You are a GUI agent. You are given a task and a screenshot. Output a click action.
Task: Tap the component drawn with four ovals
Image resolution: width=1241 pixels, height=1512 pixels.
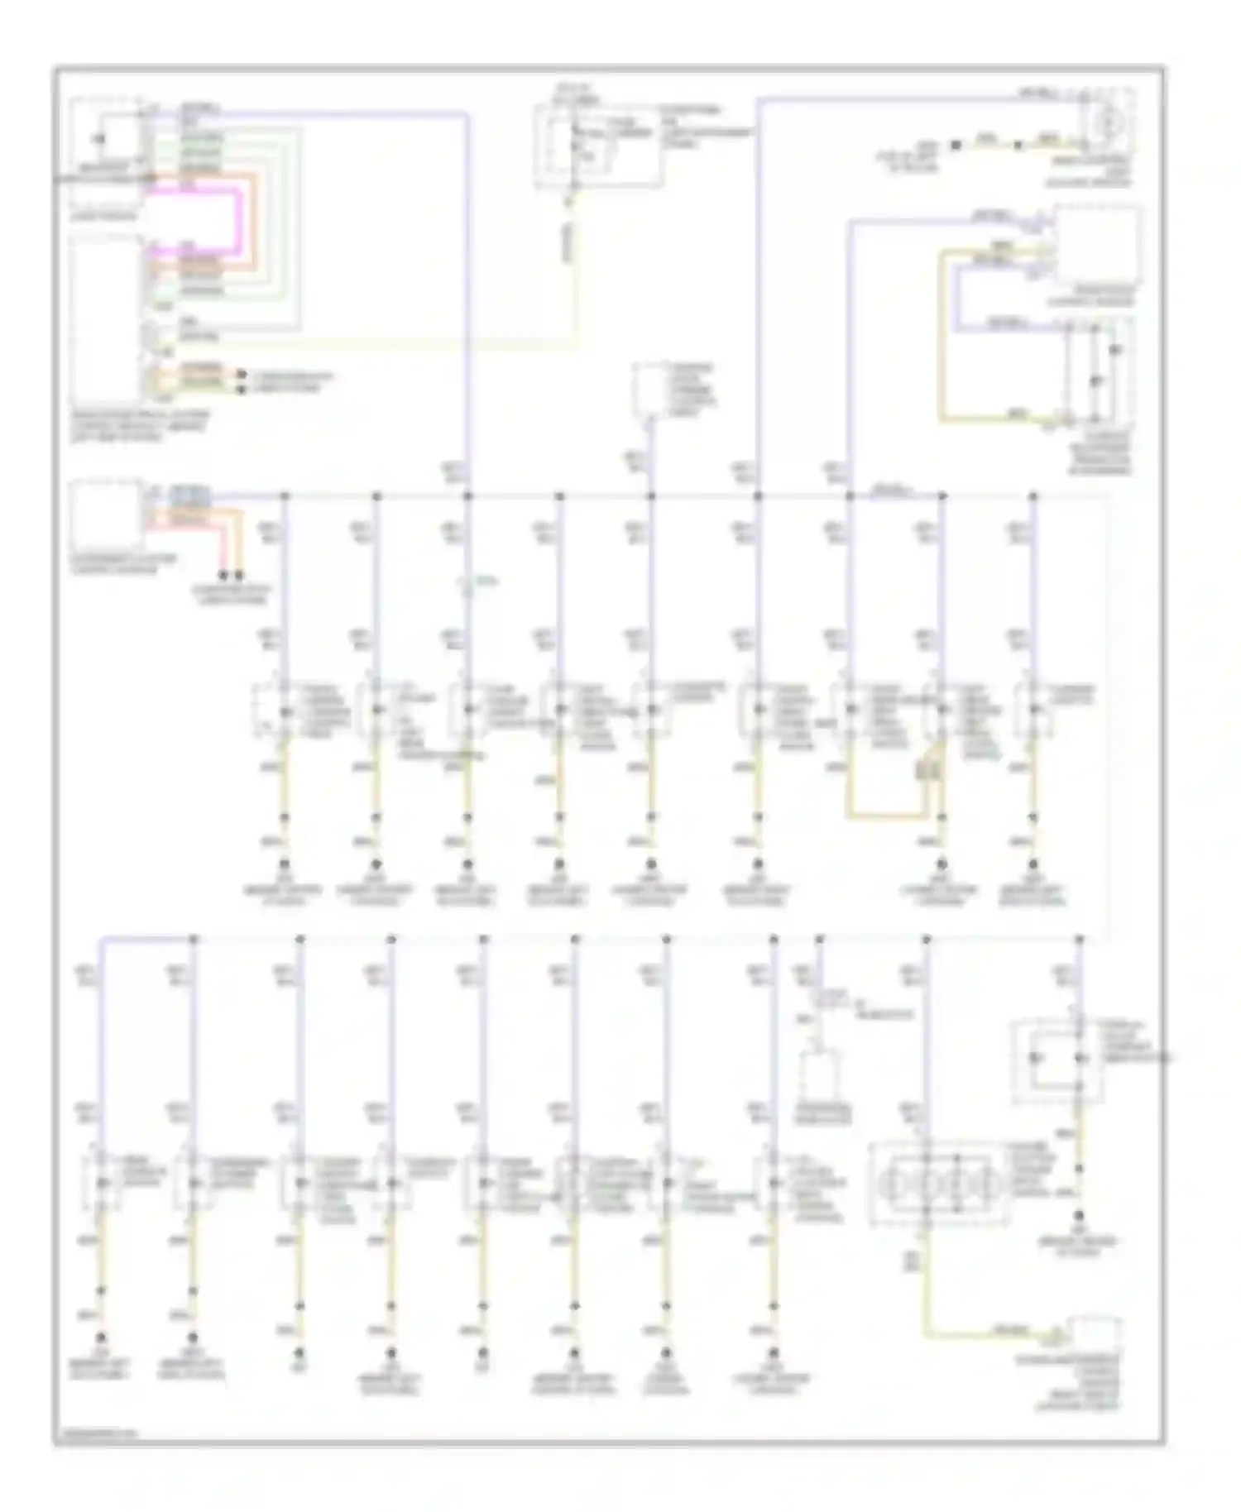pos(938,1183)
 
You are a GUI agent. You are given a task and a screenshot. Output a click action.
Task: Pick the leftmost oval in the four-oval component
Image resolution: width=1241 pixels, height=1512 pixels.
pos(893,1184)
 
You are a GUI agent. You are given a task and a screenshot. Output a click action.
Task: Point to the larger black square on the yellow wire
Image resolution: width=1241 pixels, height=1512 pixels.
pos(956,145)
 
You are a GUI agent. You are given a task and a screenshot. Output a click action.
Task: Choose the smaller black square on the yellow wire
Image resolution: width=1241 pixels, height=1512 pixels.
pos(1018,145)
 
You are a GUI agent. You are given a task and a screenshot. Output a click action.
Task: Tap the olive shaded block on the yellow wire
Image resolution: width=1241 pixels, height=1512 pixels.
pos(924,771)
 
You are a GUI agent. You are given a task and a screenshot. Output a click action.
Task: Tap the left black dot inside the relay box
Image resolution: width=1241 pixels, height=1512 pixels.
pos(1033,1058)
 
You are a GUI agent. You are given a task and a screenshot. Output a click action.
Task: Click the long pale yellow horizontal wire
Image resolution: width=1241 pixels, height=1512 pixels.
pos(372,341)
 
